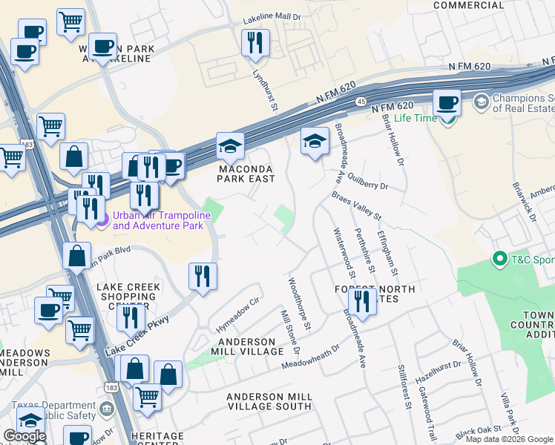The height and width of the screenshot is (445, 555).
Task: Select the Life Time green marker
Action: coord(447,119)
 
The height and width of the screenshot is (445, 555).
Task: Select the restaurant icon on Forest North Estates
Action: coord(361,300)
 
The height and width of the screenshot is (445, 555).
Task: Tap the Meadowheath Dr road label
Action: coord(310,356)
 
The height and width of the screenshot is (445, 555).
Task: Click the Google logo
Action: coord(24,436)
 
